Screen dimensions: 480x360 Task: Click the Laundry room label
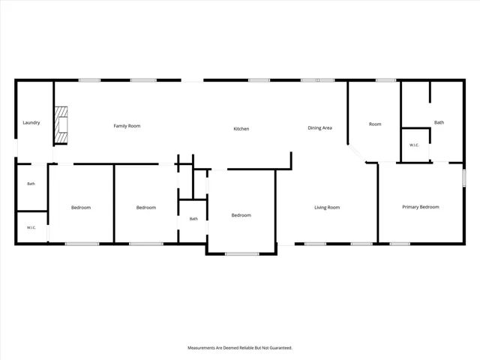click(x=31, y=123)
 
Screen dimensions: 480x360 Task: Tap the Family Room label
click(x=127, y=126)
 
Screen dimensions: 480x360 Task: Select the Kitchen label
click(x=241, y=129)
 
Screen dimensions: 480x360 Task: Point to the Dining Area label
click(x=320, y=128)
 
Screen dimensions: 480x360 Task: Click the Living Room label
click(x=327, y=208)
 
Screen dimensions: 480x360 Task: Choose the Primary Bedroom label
click(x=421, y=207)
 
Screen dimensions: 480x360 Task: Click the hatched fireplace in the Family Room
click(x=61, y=125)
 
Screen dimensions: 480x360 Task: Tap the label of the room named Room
click(x=375, y=124)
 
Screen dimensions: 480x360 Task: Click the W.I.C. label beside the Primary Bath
click(x=414, y=145)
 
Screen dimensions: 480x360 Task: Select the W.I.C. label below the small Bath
click(x=31, y=227)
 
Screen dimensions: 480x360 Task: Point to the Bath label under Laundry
click(x=31, y=184)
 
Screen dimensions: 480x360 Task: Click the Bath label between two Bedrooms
click(x=193, y=219)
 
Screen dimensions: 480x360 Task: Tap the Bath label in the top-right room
click(x=439, y=122)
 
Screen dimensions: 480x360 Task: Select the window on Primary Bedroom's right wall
click(x=464, y=178)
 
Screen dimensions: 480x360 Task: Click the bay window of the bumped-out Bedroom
click(x=241, y=253)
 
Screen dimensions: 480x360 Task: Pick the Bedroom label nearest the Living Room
click(x=241, y=215)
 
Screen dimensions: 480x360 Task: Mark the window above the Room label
click(x=386, y=80)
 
